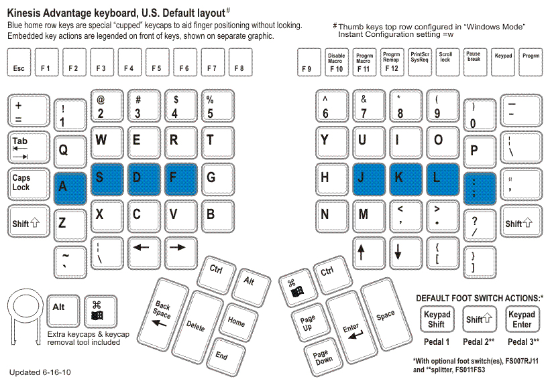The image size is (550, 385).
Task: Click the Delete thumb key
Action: [197, 325]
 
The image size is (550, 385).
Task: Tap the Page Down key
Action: [321, 357]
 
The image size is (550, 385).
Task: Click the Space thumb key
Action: [386, 315]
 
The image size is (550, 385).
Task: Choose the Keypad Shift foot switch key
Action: [437, 319]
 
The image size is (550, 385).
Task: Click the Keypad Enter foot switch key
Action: [521, 319]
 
